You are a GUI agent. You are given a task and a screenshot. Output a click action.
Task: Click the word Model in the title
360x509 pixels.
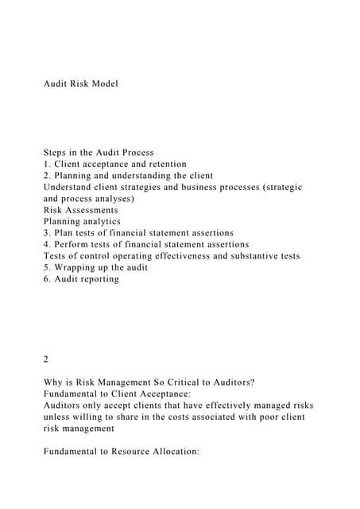point(103,84)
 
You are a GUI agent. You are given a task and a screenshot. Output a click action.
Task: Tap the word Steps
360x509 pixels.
point(57,153)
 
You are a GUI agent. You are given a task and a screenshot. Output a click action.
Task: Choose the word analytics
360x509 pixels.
point(99,221)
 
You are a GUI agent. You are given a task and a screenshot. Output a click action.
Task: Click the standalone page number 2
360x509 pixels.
point(46,359)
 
